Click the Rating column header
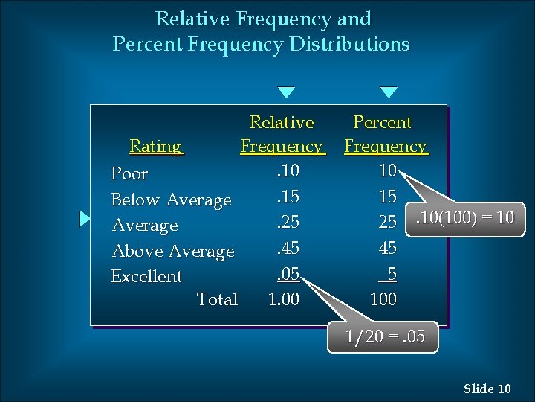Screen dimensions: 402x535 [155, 146]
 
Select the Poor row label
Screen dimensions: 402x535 [129, 174]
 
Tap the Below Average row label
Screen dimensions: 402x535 [171, 200]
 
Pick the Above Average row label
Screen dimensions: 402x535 [172, 252]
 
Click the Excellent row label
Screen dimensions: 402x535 [146, 276]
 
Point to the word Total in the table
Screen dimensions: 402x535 [217, 299]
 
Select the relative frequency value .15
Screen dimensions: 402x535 [287, 197]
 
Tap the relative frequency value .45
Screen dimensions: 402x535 [287, 248]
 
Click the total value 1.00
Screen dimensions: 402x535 [283, 299]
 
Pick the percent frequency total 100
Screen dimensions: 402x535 [383, 299]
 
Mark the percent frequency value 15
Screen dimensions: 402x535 [387, 197]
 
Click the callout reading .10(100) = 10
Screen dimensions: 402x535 [464, 218]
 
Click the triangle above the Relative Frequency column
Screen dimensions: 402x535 [286, 93]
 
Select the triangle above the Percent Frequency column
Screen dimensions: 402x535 [389, 93]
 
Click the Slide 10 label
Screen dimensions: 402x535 [487, 388]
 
